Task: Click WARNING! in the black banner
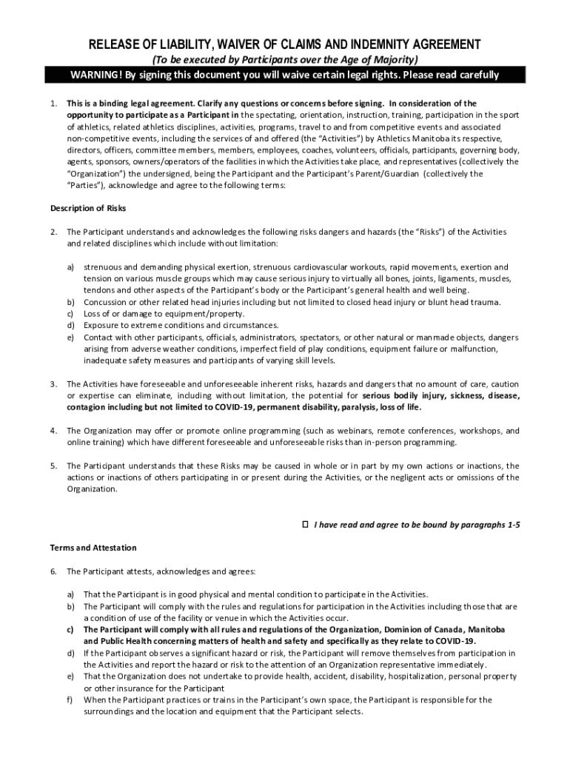(x=96, y=75)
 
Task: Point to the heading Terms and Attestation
(x=93, y=548)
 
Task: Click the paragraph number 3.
(x=53, y=384)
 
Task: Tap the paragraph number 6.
(x=53, y=571)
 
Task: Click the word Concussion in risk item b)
(x=105, y=302)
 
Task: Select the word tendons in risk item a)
(x=98, y=290)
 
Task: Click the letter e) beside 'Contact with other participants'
(x=71, y=337)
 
